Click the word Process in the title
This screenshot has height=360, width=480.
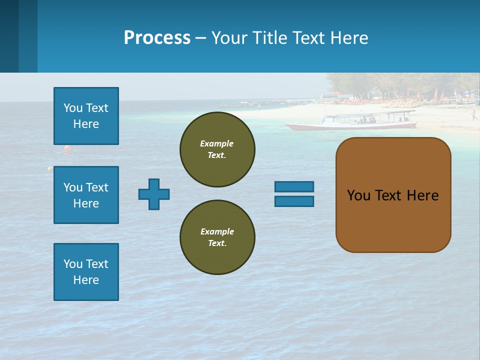[x=157, y=38]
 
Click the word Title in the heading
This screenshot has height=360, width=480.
[x=269, y=38]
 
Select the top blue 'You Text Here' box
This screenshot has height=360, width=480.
[x=86, y=116]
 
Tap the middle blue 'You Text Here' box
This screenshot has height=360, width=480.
[x=86, y=195]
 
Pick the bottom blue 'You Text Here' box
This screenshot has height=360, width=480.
[x=86, y=272]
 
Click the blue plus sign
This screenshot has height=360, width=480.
[x=154, y=194]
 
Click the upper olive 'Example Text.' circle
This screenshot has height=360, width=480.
[x=217, y=149]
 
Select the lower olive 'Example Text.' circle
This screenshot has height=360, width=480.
[x=217, y=237]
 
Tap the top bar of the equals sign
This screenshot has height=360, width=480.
[x=294, y=186]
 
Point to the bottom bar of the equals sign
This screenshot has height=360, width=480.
[x=294, y=201]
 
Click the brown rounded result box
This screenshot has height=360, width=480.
[x=393, y=195]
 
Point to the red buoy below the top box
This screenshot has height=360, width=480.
[x=67, y=148]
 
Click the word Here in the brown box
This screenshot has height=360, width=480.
[x=422, y=195]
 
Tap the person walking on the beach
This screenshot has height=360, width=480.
[x=473, y=115]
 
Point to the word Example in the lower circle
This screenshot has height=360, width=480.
[x=217, y=231]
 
